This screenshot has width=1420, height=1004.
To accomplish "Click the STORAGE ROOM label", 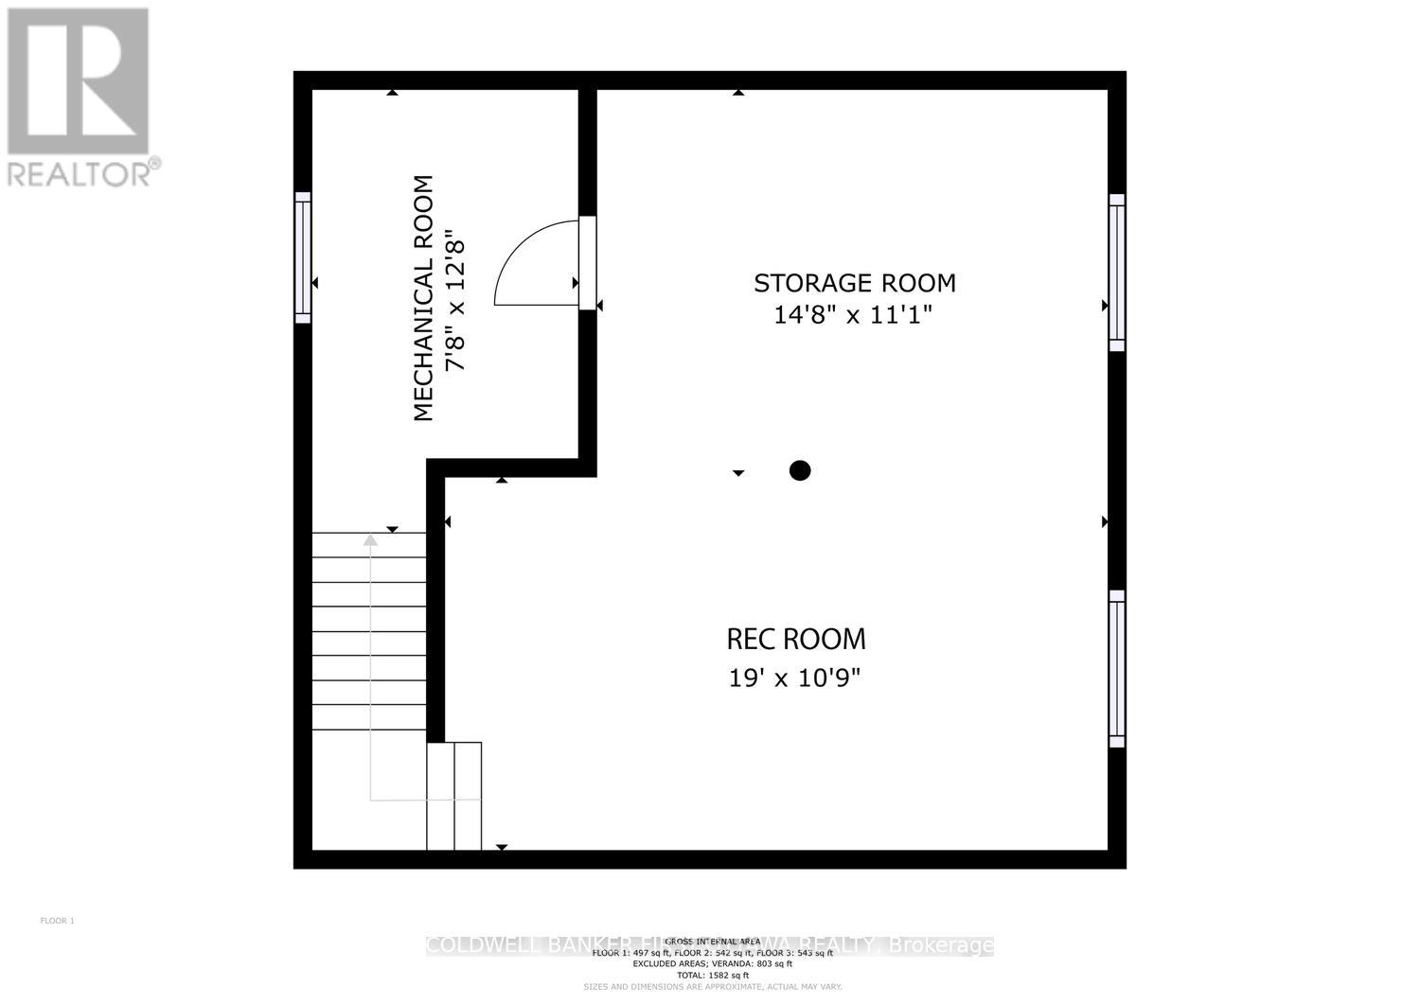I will point(854,283).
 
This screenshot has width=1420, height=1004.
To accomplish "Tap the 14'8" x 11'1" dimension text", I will point(854,315).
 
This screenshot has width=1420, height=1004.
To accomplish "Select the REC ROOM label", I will point(795,640).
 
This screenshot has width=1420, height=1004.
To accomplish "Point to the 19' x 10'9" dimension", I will point(795,678).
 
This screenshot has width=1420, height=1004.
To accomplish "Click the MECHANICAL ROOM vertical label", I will point(423,298).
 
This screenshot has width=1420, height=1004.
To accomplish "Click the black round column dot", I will point(800,470).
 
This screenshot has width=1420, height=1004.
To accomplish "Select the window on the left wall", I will point(303,256).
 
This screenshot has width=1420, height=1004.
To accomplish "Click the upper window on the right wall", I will point(1117,273).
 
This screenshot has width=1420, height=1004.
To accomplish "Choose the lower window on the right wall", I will point(1117,668).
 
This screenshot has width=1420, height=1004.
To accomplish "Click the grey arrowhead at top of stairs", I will point(370,540).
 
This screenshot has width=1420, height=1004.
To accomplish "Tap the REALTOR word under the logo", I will point(80,174).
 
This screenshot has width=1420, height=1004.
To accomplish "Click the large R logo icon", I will point(79,80).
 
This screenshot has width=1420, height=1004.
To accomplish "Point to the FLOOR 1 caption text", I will point(57,921).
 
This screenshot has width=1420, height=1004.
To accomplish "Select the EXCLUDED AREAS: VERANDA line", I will point(712,963).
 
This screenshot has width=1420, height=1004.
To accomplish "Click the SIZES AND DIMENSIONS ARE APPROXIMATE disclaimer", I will point(712,986).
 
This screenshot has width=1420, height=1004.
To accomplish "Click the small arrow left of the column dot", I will point(738,472).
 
